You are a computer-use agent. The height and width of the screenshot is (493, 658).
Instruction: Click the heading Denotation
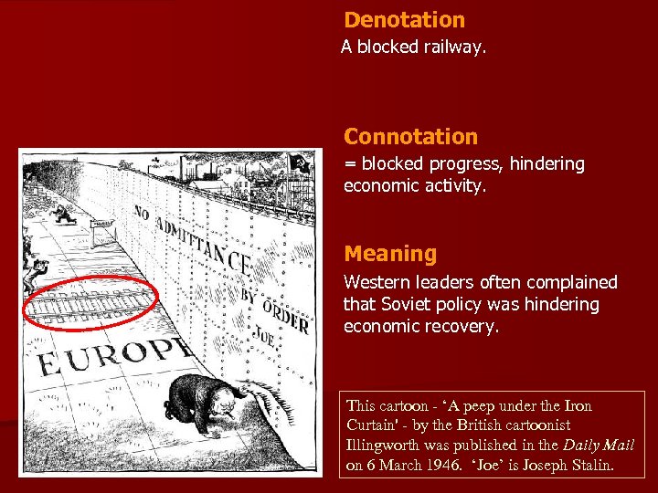point(404,20)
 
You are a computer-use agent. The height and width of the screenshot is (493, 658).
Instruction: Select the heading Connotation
point(410,137)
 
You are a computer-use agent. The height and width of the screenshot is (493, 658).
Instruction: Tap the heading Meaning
point(390,254)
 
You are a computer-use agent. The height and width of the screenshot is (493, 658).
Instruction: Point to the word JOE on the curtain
point(266,331)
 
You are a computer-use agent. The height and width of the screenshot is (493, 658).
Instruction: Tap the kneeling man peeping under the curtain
point(203,399)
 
